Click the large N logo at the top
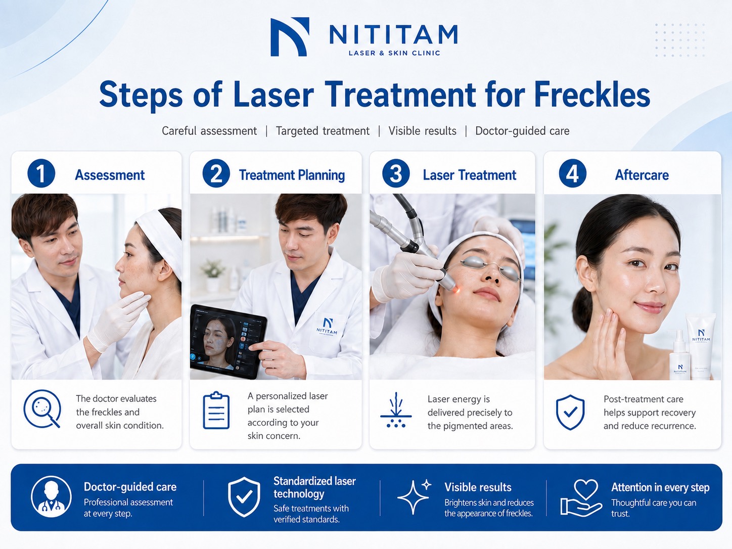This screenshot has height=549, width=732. point(290,37)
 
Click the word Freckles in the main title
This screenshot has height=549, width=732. point(592,95)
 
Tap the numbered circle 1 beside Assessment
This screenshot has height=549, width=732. point(41,173)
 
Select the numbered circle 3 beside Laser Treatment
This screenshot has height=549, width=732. point(396,173)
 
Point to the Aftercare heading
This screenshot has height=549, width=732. point(642,175)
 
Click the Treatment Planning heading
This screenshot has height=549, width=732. point(292,175)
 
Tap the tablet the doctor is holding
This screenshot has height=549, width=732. point(228,341)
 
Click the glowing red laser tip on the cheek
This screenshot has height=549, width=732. point(456,291)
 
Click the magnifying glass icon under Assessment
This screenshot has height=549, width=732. point(42,409)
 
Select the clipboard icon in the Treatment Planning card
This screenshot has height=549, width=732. point(216,410)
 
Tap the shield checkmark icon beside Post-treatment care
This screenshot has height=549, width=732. point(570,413)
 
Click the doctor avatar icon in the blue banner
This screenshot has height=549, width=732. point(51,496)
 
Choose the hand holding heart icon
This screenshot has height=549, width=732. point(581,497)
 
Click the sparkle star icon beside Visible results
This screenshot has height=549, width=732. point(414,496)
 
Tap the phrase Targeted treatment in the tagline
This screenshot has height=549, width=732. point(323,131)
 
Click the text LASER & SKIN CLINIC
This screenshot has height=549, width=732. point(394,53)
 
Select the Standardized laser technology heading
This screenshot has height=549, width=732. point(314,487)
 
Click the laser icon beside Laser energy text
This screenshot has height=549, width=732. point(396,410)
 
